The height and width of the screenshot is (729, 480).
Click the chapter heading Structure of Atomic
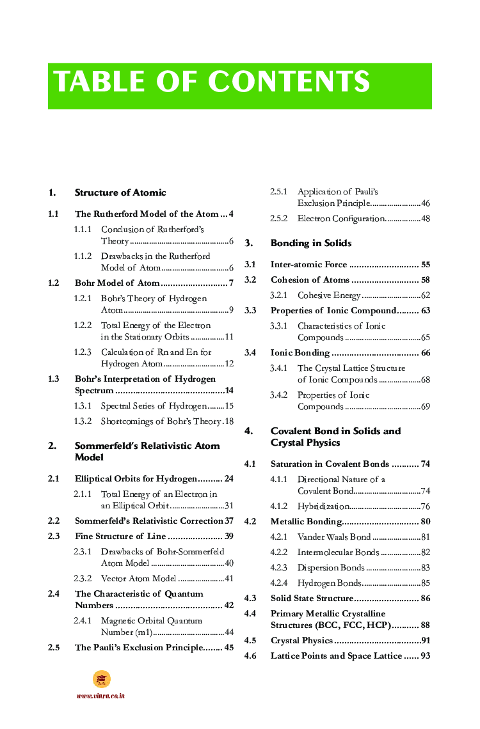click(120, 192)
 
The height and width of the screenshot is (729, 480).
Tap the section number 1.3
click(54, 379)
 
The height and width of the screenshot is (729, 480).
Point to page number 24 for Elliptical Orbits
click(228, 478)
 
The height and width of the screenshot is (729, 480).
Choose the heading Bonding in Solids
click(311, 243)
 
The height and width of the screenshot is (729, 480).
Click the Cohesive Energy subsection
click(329, 295)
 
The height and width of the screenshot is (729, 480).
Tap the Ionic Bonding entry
click(300, 352)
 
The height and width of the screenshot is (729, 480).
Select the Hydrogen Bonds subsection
click(329, 583)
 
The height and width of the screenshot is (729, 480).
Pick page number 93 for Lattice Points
click(425, 655)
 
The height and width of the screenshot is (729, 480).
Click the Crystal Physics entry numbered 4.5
click(301, 640)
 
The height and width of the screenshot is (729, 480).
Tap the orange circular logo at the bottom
click(101, 679)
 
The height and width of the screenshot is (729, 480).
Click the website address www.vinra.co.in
click(100, 696)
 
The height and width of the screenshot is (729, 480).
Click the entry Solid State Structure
click(312, 598)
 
